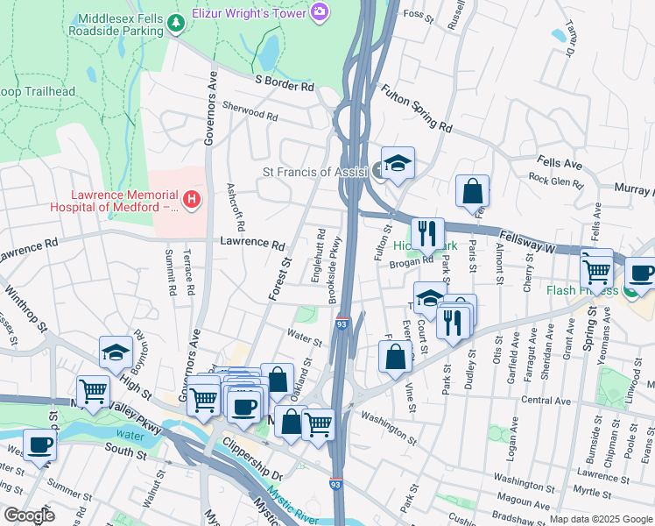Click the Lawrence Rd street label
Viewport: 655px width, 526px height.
click(253, 244)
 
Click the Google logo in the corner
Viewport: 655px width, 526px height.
click(28, 515)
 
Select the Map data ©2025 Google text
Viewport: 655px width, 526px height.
click(600, 519)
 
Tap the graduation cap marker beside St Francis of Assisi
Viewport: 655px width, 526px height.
click(397, 163)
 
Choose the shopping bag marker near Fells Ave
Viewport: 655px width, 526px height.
click(472, 190)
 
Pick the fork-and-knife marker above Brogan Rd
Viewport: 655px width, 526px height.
click(426, 233)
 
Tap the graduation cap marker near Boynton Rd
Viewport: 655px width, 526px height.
click(116, 352)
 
